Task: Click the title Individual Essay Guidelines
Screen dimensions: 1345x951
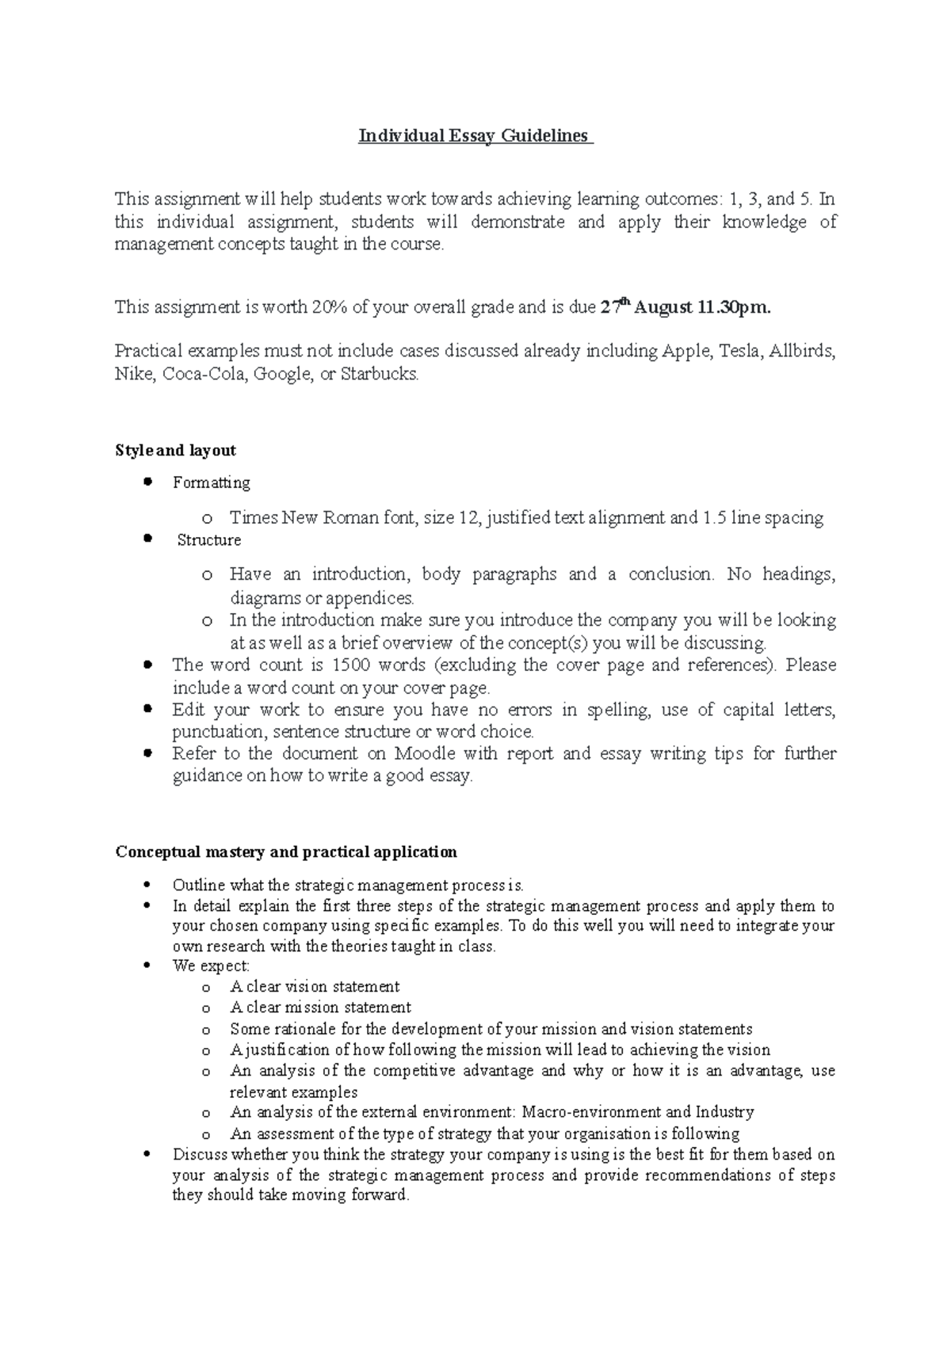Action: (475, 136)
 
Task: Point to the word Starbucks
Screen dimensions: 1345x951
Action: (378, 374)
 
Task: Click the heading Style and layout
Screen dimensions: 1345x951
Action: (175, 451)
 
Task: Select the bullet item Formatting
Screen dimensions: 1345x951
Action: (211, 482)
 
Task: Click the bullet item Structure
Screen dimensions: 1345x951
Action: (209, 540)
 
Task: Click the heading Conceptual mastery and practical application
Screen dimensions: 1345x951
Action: (286, 852)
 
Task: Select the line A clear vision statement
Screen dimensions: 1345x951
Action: (315, 987)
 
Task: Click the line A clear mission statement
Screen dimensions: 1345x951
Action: (320, 1008)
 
